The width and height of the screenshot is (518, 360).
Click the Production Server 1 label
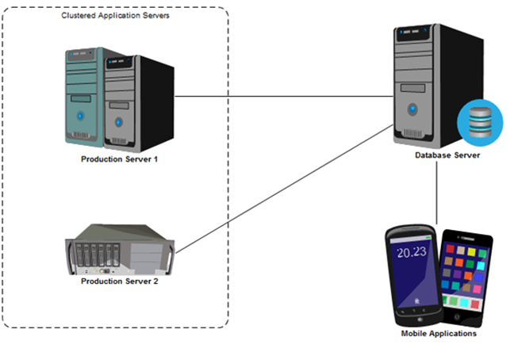tap(120, 159)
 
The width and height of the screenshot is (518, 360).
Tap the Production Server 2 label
tap(120, 281)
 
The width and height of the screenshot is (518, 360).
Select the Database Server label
tap(447, 155)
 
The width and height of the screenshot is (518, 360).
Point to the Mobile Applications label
tap(439, 334)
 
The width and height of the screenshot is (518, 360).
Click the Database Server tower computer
tap(420, 83)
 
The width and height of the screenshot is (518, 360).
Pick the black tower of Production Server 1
tap(136, 103)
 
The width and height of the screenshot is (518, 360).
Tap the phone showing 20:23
tap(412, 274)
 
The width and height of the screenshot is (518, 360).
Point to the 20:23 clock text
tap(412, 254)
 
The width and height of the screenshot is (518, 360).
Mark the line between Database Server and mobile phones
tap(439, 194)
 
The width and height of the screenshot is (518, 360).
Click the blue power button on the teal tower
tap(80, 116)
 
